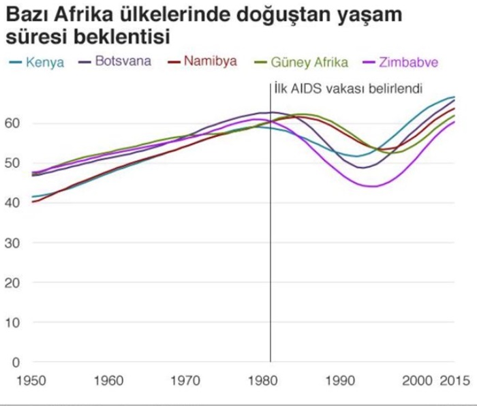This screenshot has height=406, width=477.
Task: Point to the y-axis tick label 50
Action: tap(14, 163)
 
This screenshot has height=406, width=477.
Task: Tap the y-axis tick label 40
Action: tap(14, 202)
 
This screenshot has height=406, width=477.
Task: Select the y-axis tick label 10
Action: tap(14, 322)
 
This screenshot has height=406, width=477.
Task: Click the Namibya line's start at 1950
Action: tap(32, 202)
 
